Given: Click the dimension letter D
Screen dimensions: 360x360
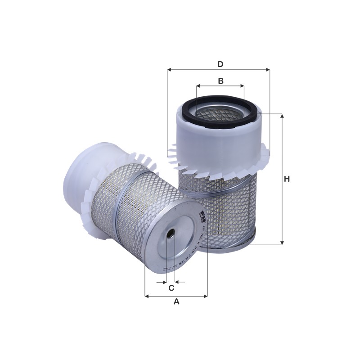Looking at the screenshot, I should point(220,64).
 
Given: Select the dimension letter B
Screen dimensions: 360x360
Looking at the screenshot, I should point(220,81).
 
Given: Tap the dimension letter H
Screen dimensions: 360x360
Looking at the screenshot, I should point(287,179).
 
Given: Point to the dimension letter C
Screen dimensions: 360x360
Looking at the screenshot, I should point(171,288).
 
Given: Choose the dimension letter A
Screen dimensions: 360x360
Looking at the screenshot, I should point(176,301).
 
